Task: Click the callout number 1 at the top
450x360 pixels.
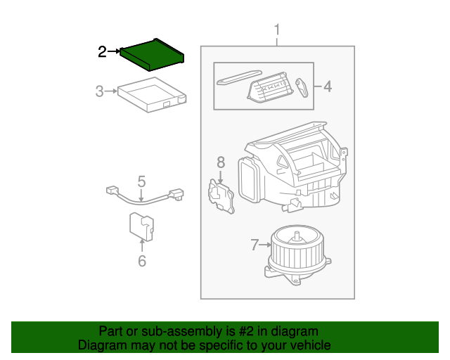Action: tap(277, 30)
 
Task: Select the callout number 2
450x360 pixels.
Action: tap(103, 51)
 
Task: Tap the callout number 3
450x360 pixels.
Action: tap(100, 91)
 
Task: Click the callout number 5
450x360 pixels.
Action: tap(141, 181)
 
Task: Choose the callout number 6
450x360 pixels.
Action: tap(142, 262)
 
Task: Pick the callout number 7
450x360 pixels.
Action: tap(255, 245)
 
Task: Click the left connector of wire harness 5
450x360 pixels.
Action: tap(111, 190)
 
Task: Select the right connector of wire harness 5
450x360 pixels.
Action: tap(176, 193)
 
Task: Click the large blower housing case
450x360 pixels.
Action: tap(295, 169)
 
